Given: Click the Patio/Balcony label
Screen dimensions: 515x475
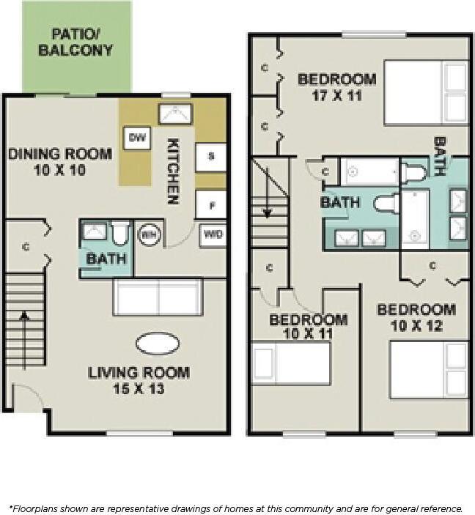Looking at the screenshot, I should click(76, 42).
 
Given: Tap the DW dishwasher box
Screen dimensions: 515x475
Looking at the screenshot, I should click(136, 137).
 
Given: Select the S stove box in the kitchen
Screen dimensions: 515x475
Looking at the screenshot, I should click(210, 156).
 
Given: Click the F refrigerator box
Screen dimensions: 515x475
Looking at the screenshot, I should click(210, 204).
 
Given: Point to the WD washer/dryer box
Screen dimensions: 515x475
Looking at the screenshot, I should click(213, 235).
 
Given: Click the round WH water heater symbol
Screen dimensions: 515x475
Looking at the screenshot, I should click(149, 234).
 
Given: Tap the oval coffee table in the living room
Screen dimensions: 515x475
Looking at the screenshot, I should click(158, 343).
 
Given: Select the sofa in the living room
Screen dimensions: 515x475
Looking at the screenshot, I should click(158, 297).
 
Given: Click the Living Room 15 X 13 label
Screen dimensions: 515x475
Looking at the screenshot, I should click(139, 380).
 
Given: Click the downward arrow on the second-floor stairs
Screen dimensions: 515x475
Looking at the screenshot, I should click(268, 192).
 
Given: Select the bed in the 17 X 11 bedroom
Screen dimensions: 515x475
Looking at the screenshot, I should click(426, 93).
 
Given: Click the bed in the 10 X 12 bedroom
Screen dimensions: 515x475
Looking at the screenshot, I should click(428, 369).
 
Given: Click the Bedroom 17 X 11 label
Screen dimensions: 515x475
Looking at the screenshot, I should click(336, 86).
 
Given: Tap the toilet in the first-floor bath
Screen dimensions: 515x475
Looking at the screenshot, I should click(121, 233).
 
